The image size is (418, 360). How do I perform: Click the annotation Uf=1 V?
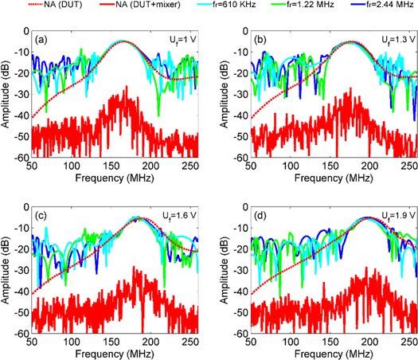click(179, 39)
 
